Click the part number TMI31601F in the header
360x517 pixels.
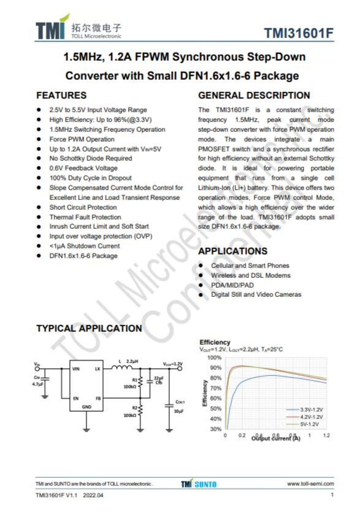pyautogui.click(x=299, y=34)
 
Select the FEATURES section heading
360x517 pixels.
pyautogui.click(x=61, y=95)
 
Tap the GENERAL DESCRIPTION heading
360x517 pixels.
pyautogui.click(x=254, y=95)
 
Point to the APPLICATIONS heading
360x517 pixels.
pyautogui.click(x=232, y=251)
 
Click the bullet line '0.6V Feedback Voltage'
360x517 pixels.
pyautogui.click(x=83, y=168)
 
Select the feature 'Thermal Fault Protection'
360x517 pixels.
pyautogui.click(x=85, y=217)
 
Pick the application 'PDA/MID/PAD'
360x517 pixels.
pyautogui.click(x=232, y=285)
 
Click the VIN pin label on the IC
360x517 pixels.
pyautogui.click(x=76, y=369)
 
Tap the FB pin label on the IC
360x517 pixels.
pyautogui.click(x=98, y=399)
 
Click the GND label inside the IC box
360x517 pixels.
pyautogui.click(x=86, y=407)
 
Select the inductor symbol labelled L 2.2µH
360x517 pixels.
pyautogui.click(x=118, y=369)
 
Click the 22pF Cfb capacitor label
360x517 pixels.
pyautogui.click(x=158, y=380)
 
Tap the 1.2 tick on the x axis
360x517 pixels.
pyautogui.click(x=326, y=435)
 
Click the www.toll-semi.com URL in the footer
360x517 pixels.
pyautogui.click(x=310, y=484)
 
